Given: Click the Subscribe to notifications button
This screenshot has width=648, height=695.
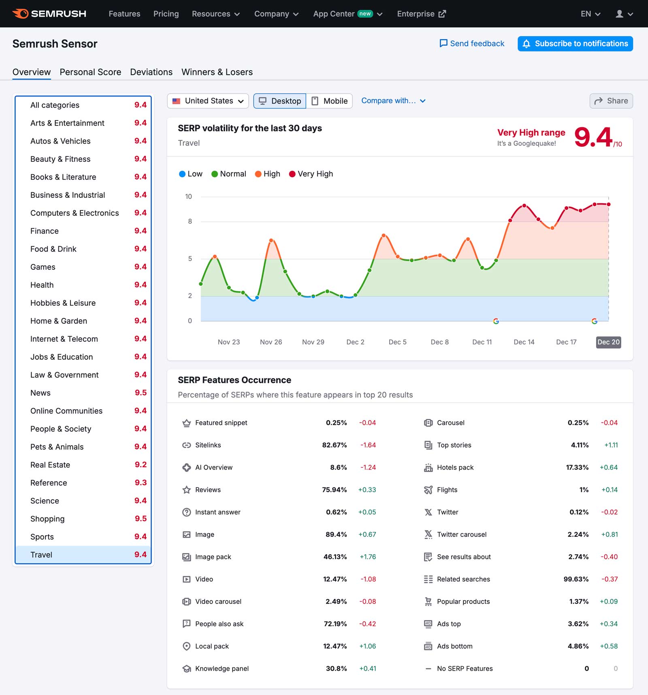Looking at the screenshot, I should [575, 44].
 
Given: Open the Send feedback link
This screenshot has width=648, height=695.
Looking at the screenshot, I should [472, 44].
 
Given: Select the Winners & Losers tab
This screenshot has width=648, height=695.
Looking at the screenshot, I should [217, 72].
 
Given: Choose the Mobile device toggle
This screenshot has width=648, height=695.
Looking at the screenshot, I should [329, 101].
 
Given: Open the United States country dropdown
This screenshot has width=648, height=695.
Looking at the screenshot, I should [208, 101].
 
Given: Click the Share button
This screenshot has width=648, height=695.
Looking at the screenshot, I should [611, 101].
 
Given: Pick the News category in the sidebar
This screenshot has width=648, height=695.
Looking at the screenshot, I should [40, 393].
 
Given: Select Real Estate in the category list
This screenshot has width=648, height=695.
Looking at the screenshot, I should [50, 465].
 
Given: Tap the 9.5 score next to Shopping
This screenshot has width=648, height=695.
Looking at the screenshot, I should [141, 519].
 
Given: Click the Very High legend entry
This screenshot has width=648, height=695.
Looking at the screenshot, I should [311, 174].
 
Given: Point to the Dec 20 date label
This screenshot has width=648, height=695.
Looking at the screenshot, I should [608, 342].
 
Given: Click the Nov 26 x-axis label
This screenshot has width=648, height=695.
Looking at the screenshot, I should [271, 342].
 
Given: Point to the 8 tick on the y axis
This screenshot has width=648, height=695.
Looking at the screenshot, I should [190, 221].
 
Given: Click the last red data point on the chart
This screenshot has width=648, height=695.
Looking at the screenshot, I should [608, 205].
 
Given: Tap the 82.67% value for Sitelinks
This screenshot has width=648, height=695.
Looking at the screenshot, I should [334, 445].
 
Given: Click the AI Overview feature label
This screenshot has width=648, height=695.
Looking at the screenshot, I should [214, 468].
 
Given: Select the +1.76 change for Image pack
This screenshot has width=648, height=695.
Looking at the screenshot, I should [368, 557].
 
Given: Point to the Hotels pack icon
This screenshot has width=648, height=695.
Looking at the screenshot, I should [428, 468].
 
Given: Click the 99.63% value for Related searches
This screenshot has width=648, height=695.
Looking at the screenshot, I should [576, 579].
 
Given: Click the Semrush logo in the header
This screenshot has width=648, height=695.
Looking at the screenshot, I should [49, 14].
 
